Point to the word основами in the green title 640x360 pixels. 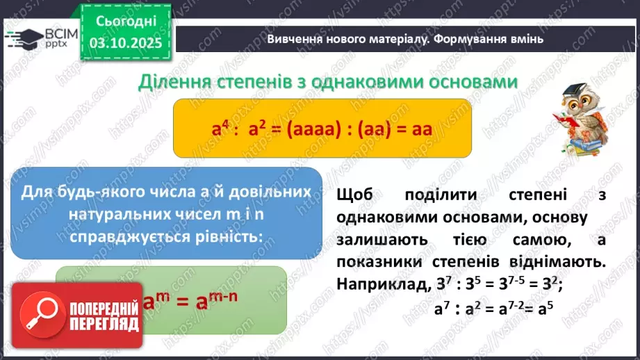470,81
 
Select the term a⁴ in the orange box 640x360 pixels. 220,129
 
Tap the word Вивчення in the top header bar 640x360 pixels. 295,39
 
